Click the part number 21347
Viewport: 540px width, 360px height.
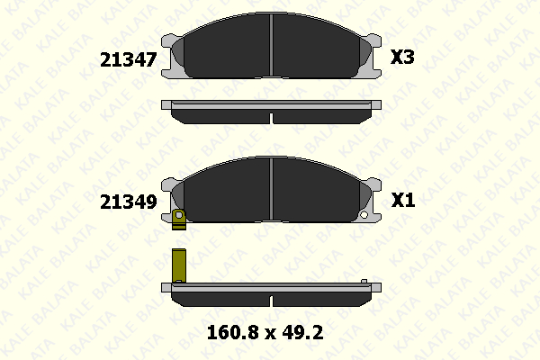pos(129,59)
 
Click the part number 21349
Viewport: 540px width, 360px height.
pos(129,202)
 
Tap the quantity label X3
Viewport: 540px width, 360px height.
pos(402,57)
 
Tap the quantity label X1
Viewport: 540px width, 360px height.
pos(403,200)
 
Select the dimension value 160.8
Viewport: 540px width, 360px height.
pos(232,333)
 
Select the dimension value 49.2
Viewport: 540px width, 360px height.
pos(302,333)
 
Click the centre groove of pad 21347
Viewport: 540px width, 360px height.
pos(272,45)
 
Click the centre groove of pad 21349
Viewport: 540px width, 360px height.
pos(272,189)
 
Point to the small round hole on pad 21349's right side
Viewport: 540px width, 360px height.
pos(364,215)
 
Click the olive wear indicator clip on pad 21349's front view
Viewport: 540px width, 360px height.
pos(179,220)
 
